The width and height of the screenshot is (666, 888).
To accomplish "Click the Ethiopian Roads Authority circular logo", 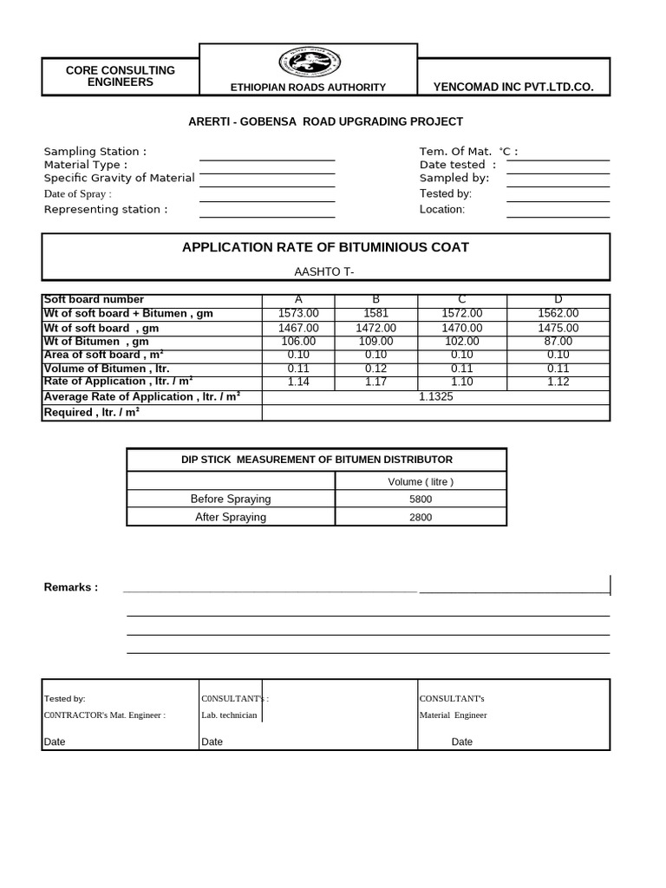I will (309, 63).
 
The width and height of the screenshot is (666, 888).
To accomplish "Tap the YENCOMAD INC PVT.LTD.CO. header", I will (513, 88).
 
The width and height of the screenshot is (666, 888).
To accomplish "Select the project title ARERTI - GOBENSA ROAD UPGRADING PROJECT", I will (326, 121).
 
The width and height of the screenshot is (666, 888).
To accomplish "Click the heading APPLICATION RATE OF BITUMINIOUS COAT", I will (325, 247).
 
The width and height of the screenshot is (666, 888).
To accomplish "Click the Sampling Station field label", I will (95, 152).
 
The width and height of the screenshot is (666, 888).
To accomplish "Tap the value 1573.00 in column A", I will (299, 313).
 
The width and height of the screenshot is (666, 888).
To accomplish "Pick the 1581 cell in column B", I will (376, 313).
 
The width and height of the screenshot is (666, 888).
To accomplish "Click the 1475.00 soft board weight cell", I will (558, 328).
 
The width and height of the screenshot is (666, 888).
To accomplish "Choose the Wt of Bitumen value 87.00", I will (558, 342).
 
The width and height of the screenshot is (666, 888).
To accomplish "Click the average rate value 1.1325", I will (435, 396).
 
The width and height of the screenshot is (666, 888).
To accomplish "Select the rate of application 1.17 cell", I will (376, 382).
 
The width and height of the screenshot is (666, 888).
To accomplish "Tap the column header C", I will (462, 300).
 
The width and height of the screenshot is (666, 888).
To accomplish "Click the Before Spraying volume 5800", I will (421, 499).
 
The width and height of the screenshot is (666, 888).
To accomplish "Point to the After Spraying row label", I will (231, 517).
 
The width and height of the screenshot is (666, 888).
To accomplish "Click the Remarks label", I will (71, 587).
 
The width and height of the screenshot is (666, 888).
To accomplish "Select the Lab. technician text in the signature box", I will (229, 715).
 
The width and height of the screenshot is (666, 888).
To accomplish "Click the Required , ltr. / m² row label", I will (92, 413).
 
